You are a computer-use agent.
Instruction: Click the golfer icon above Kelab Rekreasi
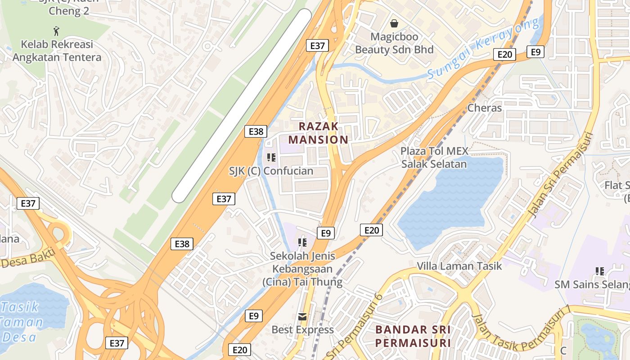(x=56, y=31)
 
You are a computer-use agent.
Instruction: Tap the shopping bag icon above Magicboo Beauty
(x=394, y=23)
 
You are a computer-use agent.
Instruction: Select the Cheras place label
(x=484, y=108)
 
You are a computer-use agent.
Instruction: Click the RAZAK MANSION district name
(x=319, y=133)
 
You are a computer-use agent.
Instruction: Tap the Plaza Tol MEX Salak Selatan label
(x=434, y=157)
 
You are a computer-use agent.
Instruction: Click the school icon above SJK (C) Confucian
(x=271, y=157)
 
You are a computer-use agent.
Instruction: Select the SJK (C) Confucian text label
(x=271, y=171)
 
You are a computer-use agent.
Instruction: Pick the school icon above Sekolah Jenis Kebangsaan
(x=302, y=243)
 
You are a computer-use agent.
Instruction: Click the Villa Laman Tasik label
(x=459, y=266)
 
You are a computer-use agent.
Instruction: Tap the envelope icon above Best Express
(x=302, y=317)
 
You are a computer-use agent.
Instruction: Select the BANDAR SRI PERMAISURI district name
(x=413, y=336)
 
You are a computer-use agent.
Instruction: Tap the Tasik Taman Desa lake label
(x=22, y=322)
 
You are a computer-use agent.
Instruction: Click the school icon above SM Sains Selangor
(x=600, y=271)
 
